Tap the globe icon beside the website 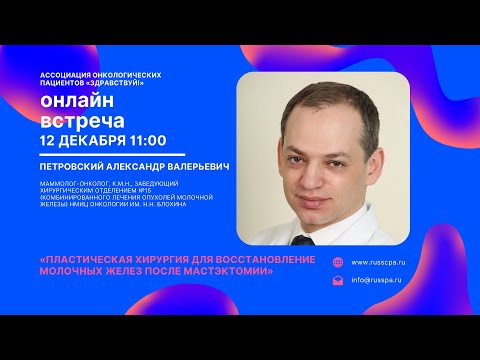click(x=338, y=262)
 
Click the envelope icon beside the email click(x=338, y=281)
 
